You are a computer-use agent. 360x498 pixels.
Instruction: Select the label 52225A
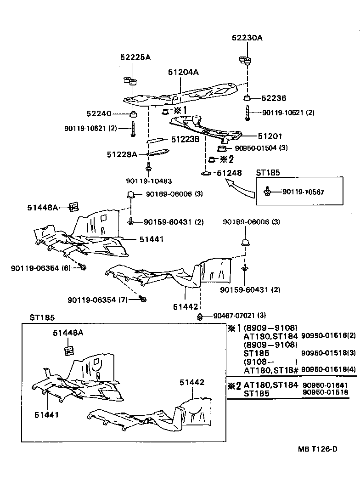(135, 57)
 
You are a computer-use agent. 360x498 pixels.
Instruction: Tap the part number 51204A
(183, 72)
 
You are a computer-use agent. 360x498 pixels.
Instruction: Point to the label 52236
(274, 98)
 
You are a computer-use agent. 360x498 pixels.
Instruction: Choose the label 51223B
(185, 139)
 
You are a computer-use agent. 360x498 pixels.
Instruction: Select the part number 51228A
(122, 154)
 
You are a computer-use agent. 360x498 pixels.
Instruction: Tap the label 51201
(270, 136)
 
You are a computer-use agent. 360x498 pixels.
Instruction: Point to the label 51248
(229, 173)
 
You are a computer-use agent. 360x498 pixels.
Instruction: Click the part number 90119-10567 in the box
(303, 192)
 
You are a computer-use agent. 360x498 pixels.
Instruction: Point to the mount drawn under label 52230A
(247, 60)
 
